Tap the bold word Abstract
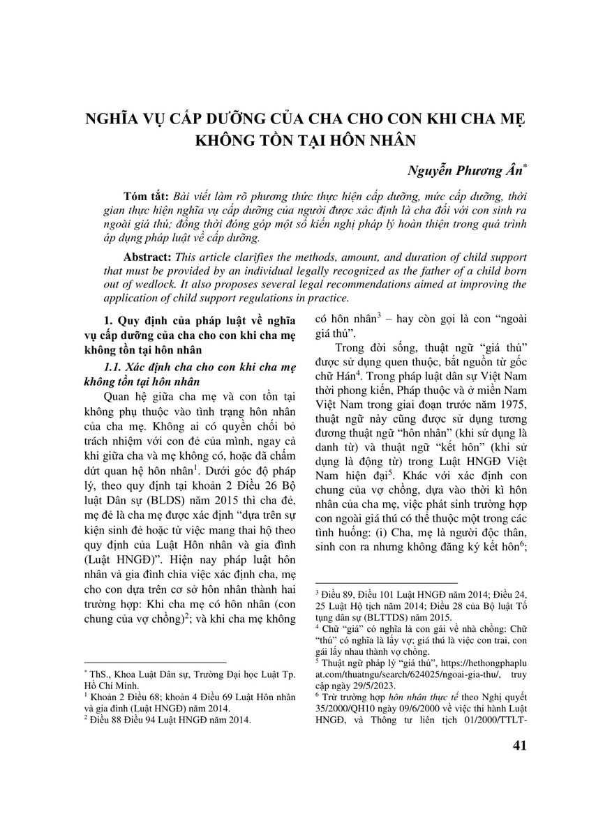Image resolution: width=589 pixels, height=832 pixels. pyautogui.click(x=147, y=257)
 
